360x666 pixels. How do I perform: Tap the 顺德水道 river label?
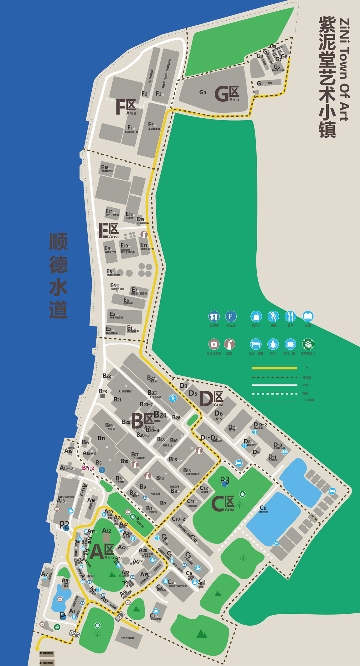pyautogui.click(x=59, y=276)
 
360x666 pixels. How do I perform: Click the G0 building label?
pyautogui.click(x=203, y=92)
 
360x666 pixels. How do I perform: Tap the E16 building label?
pyautogui.click(x=105, y=168)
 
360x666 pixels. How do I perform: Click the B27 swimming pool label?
pyautogui.click(x=152, y=378)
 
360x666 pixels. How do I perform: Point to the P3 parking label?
pyautogui.click(x=225, y=479)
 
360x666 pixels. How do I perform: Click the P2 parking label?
pyautogui.click(x=64, y=524)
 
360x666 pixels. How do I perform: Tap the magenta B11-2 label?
pyautogui.click(x=88, y=468)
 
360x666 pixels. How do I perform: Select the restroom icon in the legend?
pyautogui.click(x=214, y=316)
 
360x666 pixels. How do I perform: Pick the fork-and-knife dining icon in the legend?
pyautogui.click(x=290, y=316)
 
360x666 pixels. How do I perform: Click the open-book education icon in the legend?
pyautogui.click(x=308, y=316)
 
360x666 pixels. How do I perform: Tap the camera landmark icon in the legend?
pyautogui.click(x=214, y=344)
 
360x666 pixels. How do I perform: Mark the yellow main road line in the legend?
pyautogui.click(x=275, y=368)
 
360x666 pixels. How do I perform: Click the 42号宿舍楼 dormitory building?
pyautogui.click(x=46, y=653)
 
